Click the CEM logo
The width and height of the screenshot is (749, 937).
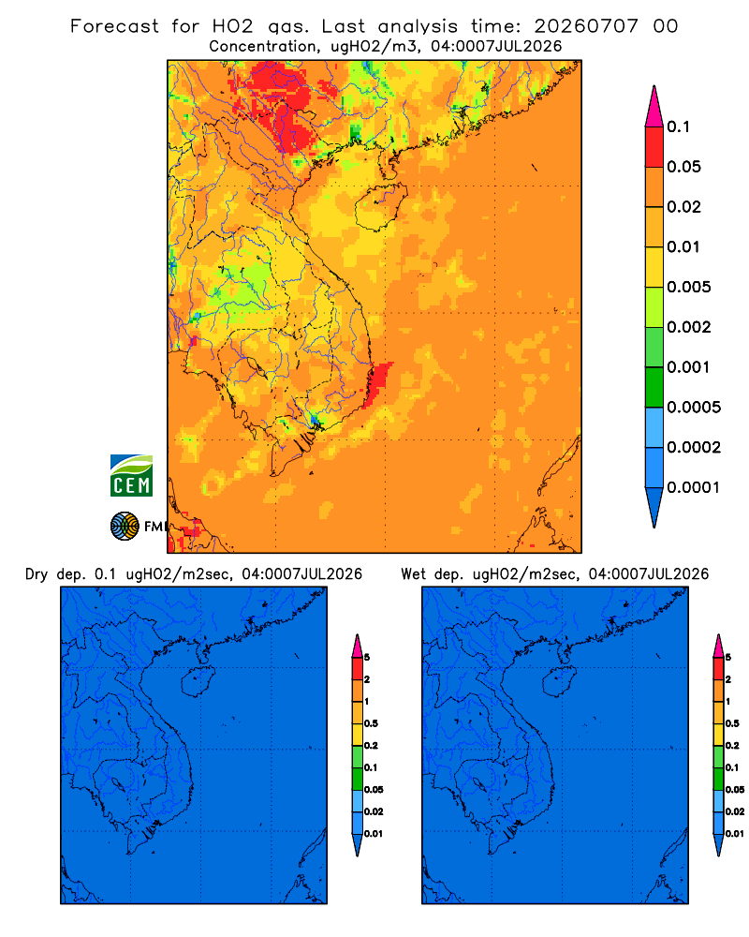coord(131,475)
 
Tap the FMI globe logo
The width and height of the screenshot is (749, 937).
coord(125,527)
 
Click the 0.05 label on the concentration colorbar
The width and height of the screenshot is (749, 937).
coord(683,167)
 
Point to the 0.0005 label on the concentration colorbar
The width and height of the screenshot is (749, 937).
coord(694,407)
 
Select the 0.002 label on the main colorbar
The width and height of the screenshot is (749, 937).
coord(689,327)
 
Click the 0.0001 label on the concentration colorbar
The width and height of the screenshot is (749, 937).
coord(694,487)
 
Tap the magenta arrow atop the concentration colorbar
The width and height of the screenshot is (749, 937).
coord(654,106)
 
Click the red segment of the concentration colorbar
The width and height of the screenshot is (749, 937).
coord(654,147)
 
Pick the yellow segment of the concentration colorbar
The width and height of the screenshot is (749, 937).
coord(654,267)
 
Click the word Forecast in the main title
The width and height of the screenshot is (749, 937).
coord(114,26)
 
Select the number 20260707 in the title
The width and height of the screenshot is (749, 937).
coord(586,26)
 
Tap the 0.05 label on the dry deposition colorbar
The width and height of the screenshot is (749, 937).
coord(374,789)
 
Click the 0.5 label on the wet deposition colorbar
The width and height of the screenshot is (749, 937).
coord(732,723)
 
